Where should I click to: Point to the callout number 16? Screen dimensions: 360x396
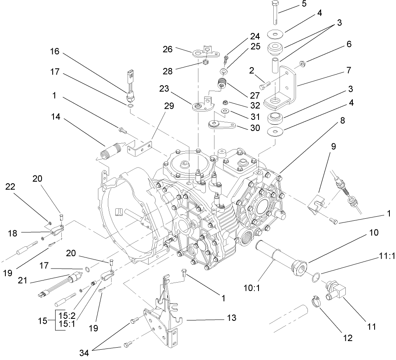tap(55, 52)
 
